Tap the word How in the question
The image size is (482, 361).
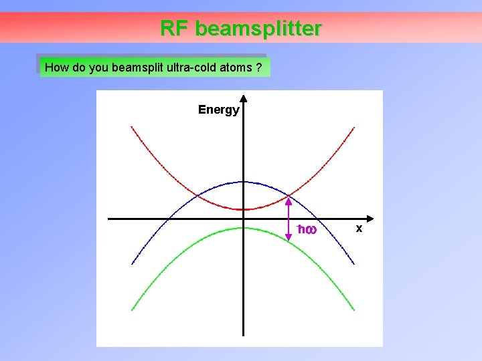point(56,68)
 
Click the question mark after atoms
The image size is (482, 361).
point(258,68)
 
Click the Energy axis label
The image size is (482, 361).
point(218,110)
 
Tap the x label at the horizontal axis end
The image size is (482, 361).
point(359,229)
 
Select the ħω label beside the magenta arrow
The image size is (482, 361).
point(307,230)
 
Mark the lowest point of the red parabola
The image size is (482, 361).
point(243,209)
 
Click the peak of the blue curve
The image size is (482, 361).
point(243,181)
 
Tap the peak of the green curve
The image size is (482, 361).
point(243,228)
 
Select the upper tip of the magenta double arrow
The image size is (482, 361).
point(289,197)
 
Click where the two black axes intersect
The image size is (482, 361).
point(243,219)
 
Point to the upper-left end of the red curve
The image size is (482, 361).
point(132,126)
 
